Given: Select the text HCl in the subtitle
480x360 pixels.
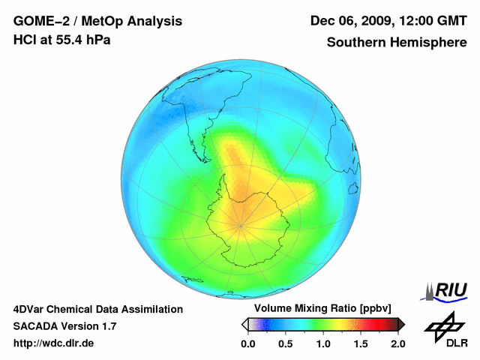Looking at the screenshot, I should click(25, 40).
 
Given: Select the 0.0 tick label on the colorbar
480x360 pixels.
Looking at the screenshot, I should click(247, 343).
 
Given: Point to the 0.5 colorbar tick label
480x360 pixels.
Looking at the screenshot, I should click(285, 343).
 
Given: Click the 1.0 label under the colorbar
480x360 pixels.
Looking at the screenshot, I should click(322, 343).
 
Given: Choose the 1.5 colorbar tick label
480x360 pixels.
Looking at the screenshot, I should click(360, 343).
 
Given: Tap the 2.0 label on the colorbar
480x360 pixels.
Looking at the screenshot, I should click(397, 343).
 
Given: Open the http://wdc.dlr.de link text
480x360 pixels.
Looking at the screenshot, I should click(54, 343).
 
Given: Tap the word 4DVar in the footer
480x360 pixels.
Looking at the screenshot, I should click(29, 309).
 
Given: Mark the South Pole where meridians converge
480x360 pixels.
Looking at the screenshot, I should click(241, 225).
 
